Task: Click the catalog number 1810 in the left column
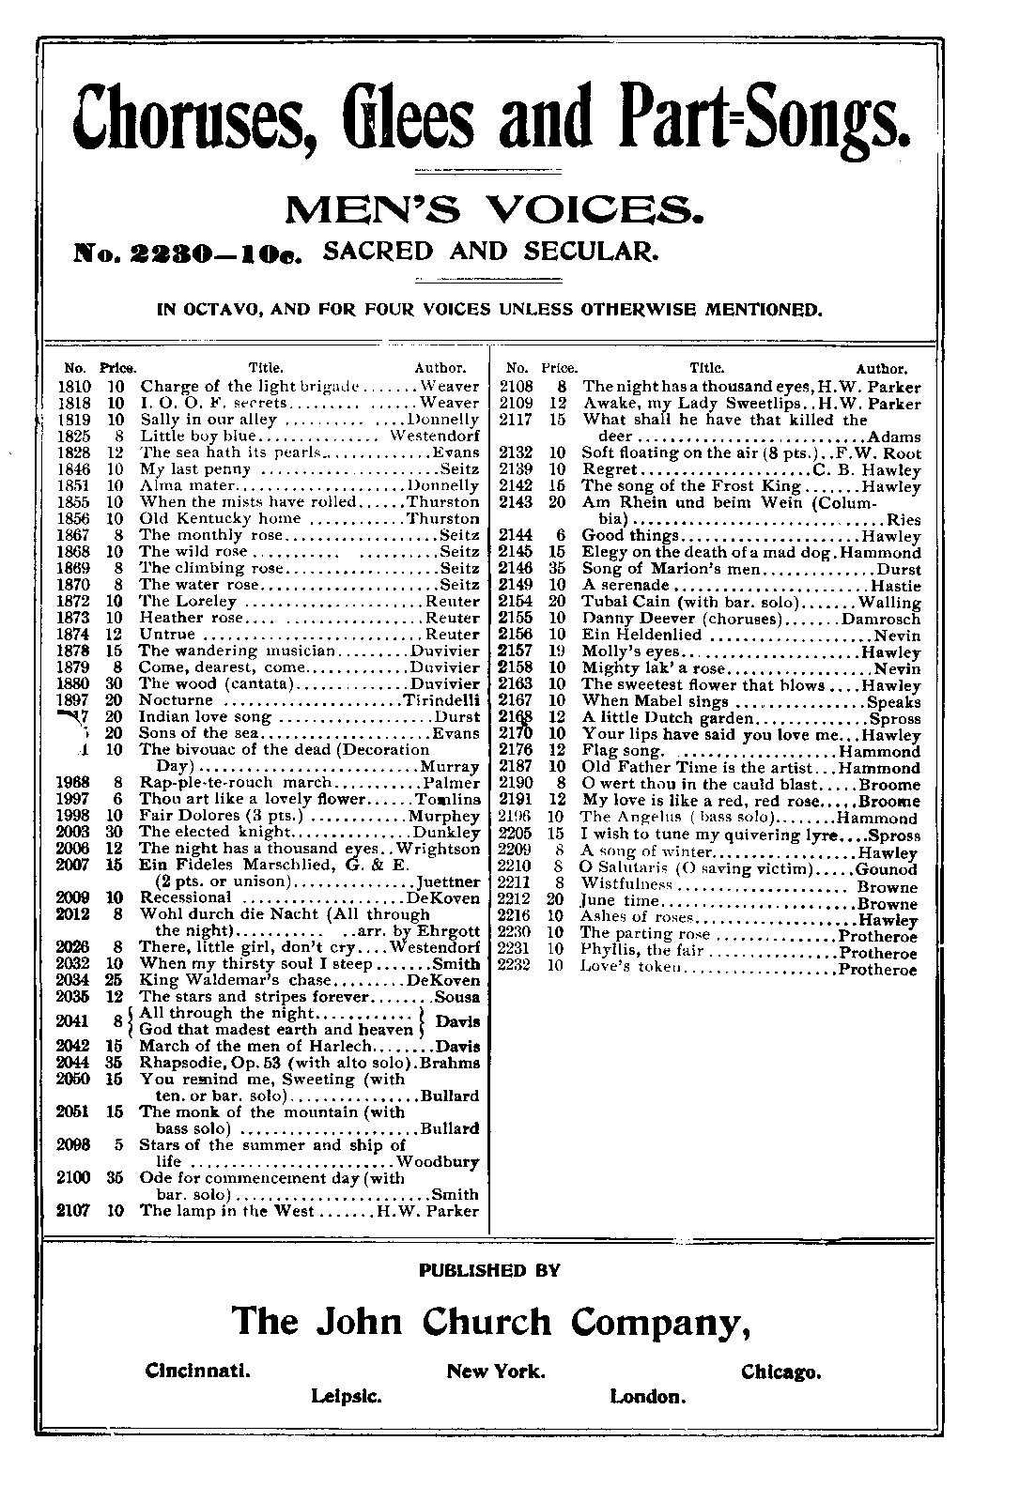point(75,386)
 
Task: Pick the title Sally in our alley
point(208,420)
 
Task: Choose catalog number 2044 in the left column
point(72,1063)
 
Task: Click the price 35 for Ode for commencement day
point(115,1178)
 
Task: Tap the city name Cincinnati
point(198,1372)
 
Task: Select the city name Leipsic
point(347,1397)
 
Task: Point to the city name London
point(648,1397)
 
